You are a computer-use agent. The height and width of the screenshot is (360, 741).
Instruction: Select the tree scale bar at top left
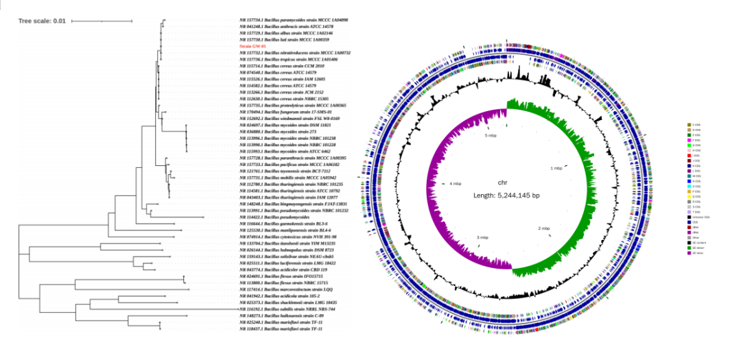[x=102, y=21]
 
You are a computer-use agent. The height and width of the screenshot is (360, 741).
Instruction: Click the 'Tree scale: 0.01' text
[x=42, y=21]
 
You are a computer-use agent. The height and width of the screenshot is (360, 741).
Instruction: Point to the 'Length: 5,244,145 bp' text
[x=506, y=195]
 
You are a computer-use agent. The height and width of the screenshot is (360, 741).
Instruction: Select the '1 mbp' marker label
[x=557, y=167]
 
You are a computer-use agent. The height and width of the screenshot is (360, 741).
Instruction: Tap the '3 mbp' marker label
[x=483, y=237]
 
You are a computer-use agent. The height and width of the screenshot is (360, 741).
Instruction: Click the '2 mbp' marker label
[x=544, y=228]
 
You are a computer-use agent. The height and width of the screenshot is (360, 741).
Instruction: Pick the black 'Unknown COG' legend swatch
[x=688, y=217]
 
